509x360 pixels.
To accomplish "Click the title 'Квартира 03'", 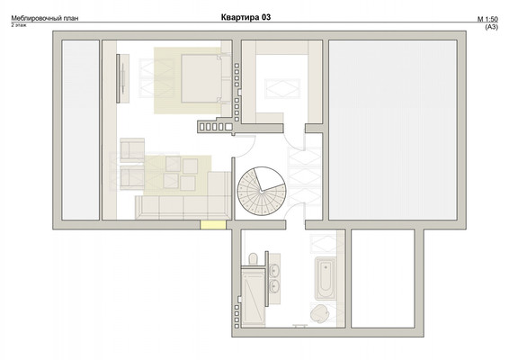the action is (246, 17).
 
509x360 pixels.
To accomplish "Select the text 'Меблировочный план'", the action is (45, 18).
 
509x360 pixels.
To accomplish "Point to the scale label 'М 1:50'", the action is (487, 19).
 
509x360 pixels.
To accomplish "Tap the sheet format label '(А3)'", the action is (492, 27).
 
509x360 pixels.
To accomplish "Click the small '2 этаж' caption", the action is (19, 25).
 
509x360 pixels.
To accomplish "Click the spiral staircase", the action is (262, 191).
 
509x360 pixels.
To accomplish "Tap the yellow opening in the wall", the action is (213, 225).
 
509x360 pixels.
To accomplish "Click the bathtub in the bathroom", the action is (325, 278).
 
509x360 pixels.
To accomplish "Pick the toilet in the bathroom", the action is (254, 259).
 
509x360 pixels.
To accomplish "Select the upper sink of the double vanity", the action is (274, 269).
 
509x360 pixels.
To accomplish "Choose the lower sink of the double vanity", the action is (274, 286).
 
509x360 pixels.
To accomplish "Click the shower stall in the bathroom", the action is (254, 297).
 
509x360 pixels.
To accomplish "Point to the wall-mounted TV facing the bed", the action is (119, 78).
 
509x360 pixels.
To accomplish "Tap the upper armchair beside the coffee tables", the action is (132, 150).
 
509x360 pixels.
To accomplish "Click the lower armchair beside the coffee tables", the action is (132, 177).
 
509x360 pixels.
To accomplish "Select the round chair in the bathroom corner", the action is (320, 313).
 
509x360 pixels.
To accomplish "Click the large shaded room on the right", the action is (393, 130).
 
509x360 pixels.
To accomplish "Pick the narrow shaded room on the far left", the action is (81, 130).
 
